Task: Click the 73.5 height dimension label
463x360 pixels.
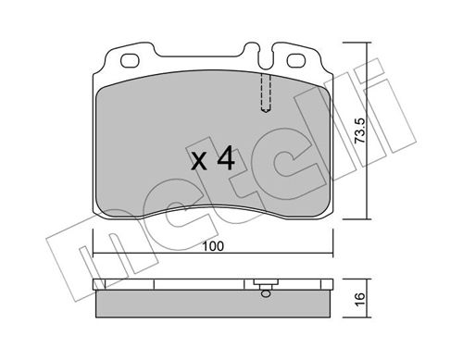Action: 360,130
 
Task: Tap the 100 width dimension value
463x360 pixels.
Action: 213,246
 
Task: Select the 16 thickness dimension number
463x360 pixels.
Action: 360,299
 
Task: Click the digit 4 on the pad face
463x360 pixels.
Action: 226,158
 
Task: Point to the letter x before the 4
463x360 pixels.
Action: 199,162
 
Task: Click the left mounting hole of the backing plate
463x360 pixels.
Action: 130,61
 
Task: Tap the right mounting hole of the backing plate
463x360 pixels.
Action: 296,61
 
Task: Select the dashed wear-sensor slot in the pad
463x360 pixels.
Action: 266,93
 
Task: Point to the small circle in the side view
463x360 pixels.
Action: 266,293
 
